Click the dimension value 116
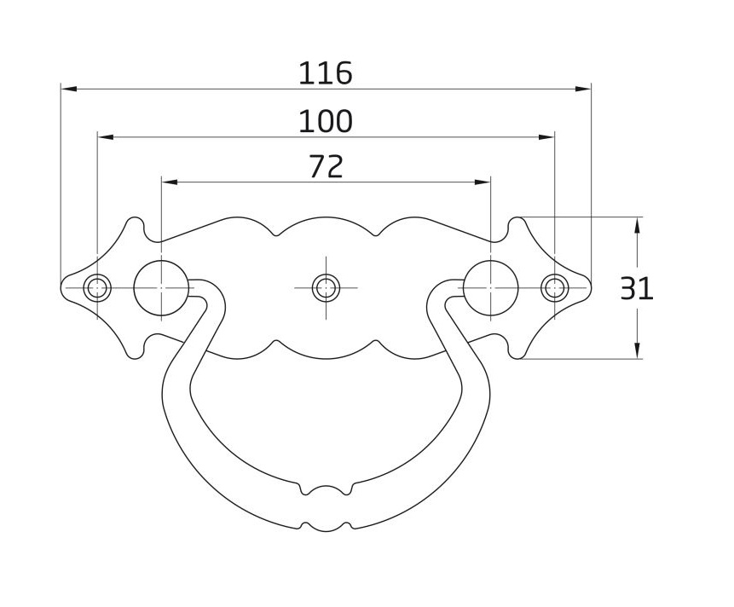(x=325, y=73)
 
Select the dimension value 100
(x=325, y=122)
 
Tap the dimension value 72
(x=325, y=167)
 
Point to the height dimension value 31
(x=636, y=289)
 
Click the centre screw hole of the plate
(x=324, y=287)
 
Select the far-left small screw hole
(x=97, y=288)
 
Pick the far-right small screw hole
(x=554, y=288)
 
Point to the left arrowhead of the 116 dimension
(x=67, y=88)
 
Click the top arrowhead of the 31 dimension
(x=636, y=223)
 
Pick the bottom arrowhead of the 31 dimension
(x=636, y=352)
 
